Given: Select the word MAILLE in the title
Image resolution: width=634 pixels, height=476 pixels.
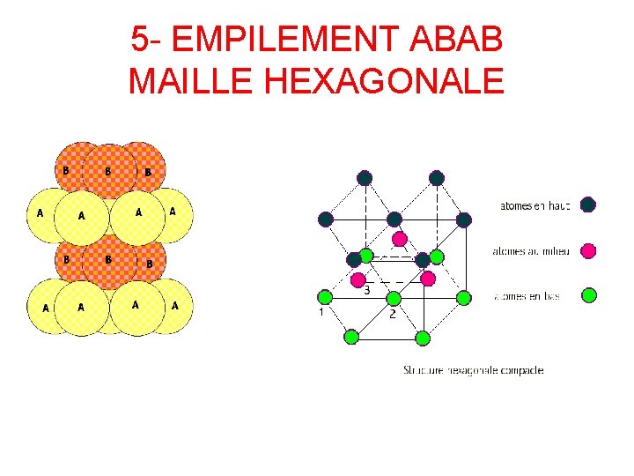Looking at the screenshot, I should pos(191,81).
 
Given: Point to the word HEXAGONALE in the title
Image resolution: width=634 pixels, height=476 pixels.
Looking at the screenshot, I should pos(384,81).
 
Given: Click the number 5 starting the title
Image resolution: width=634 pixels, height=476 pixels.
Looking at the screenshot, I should pos(139,40).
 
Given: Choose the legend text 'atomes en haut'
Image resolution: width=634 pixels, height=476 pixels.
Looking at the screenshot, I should pos(534,205).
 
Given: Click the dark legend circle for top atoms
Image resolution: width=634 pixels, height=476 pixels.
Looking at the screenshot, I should pos(588,205).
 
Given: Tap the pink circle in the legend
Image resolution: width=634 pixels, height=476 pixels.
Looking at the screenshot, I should pos(588,251).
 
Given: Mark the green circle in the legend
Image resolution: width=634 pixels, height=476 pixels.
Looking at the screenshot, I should pos(588,295).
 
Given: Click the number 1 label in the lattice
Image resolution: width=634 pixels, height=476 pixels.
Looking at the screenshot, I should pos(321,312).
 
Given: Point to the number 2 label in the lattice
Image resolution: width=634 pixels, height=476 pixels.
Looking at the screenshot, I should pos(393,313).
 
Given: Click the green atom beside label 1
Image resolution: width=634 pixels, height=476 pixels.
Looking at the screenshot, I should pos(325,296).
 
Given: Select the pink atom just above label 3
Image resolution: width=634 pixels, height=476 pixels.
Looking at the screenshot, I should pos(358,279).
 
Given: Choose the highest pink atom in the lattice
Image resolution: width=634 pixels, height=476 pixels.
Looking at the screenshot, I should pos(399,239).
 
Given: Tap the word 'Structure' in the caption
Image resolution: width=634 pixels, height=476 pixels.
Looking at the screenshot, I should pos(424,370).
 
